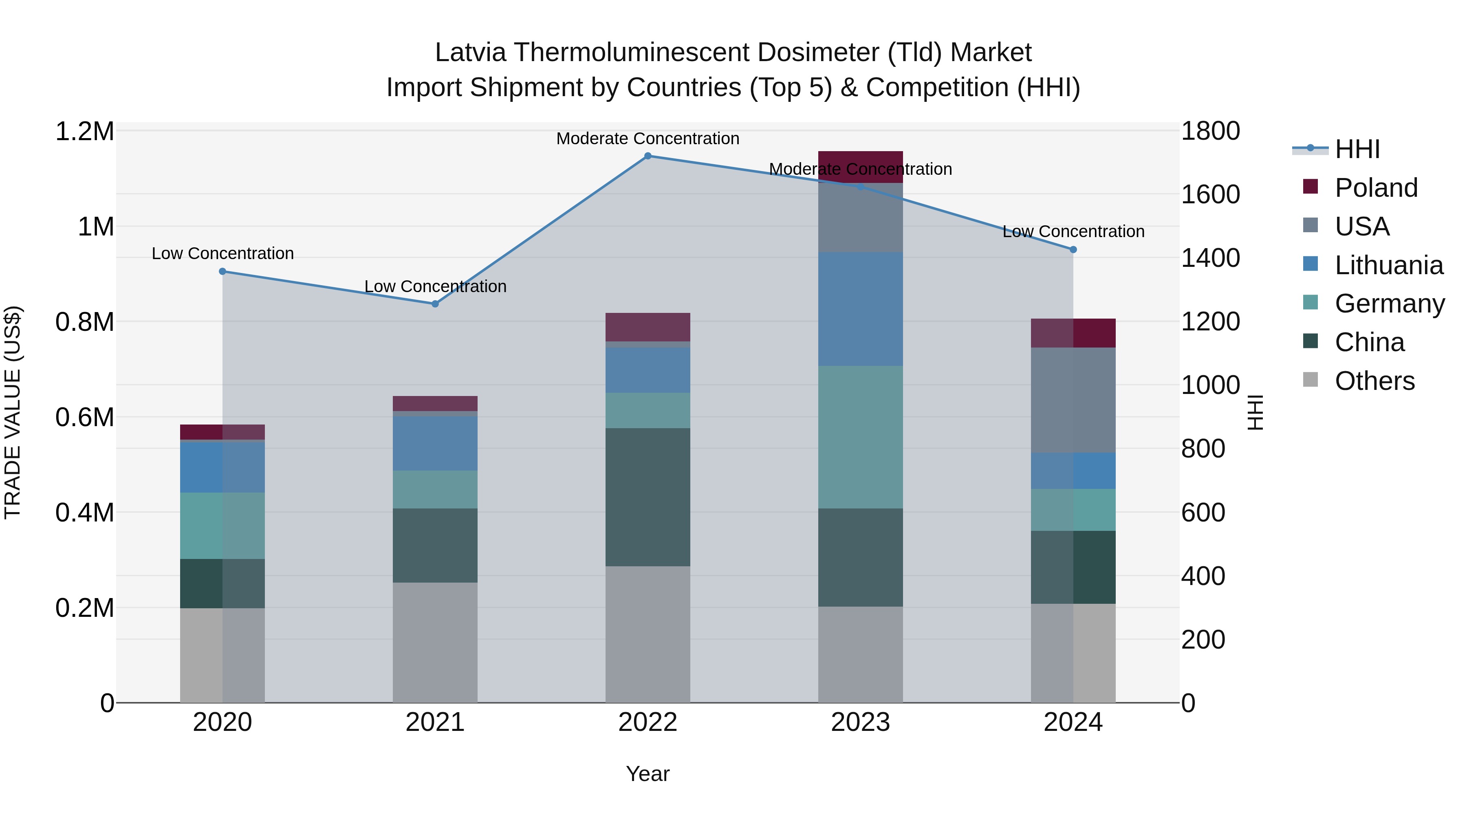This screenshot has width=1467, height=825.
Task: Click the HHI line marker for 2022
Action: [648, 156]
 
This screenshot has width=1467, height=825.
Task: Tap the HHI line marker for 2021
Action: [435, 304]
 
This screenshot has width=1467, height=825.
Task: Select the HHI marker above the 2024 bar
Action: [1073, 249]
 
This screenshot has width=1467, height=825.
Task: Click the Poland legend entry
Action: [1375, 188]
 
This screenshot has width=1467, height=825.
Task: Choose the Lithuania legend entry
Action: [1388, 265]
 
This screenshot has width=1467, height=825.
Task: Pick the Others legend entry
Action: [1374, 381]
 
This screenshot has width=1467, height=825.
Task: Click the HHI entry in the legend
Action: [1357, 149]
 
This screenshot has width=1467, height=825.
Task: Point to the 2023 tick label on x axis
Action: [860, 722]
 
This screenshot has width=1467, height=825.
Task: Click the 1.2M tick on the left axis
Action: [85, 132]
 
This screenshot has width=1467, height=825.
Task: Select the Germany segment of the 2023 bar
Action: [860, 437]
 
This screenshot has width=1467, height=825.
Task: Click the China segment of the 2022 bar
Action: [648, 497]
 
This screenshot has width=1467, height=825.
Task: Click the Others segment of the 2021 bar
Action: [435, 642]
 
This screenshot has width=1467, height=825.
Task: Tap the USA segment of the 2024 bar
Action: [1073, 400]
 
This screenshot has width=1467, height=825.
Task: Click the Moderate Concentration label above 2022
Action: [648, 139]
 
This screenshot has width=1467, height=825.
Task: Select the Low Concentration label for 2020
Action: [222, 253]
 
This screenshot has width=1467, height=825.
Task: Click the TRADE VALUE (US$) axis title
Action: [13, 412]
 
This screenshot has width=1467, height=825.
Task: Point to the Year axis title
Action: [648, 774]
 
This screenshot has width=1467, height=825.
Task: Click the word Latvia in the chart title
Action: [470, 53]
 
